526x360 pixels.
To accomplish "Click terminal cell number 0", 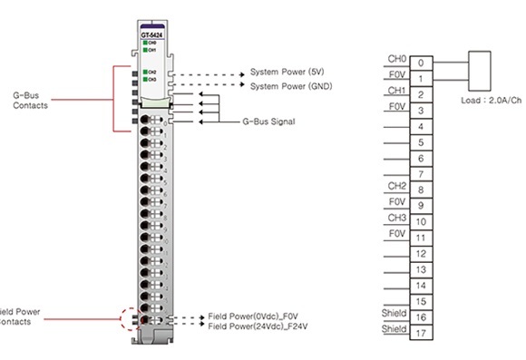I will pos(421,63).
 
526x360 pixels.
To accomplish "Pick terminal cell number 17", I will pos(421,333).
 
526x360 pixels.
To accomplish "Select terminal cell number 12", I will pos(421,253).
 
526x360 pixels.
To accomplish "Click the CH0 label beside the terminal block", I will pos(396,59).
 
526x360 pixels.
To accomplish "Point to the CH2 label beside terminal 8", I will pos(396,185).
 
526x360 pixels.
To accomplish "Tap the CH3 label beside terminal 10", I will pos(396,217).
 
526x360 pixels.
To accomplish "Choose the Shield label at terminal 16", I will pos(394,313).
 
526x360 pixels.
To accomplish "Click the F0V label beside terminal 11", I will pos(396,233).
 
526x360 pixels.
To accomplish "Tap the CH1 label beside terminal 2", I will pos(396,91).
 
